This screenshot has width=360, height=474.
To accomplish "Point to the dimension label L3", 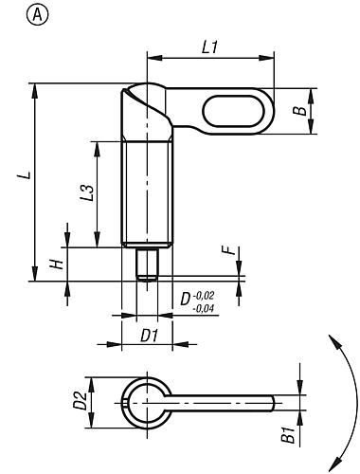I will [85, 192].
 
